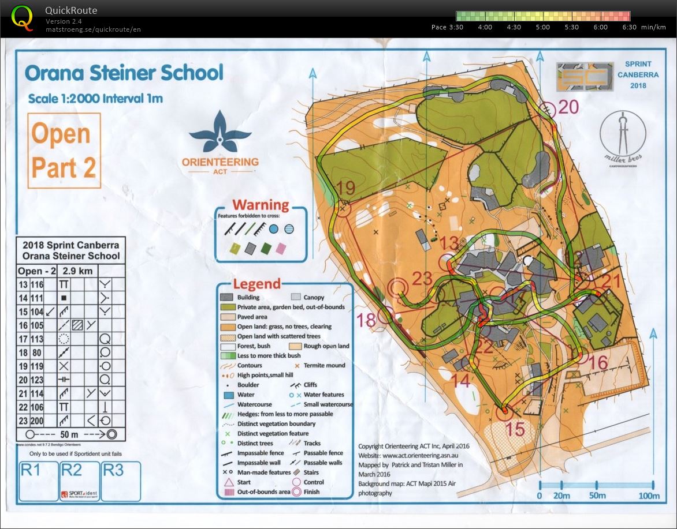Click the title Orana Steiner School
[x=124, y=73]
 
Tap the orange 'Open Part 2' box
[x=64, y=151]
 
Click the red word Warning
[x=261, y=205]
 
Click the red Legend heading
[x=256, y=284]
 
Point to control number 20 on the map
[x=568, y=107]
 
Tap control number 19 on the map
[x=345, y=187]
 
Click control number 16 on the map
[x=599, y=362]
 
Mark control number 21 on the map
[x=610, y=282]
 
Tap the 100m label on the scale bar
[x=649, y=496]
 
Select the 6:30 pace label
[x=629, y=27]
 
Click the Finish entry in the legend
[x=314, y=492]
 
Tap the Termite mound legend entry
[x=320, y=365]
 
